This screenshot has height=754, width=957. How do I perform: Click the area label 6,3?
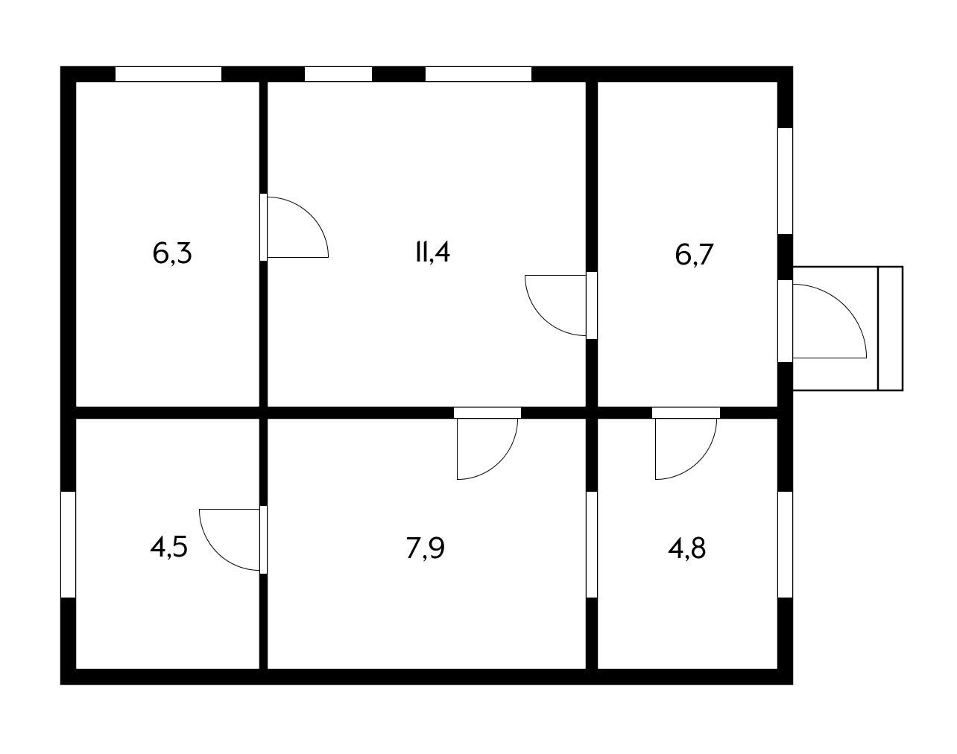(172, 253)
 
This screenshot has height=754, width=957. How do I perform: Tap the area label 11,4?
(432, 252)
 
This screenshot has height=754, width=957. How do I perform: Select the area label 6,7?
(694, 255)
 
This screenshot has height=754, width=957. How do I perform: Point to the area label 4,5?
(168, 548)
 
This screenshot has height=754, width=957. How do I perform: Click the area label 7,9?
(425, 548)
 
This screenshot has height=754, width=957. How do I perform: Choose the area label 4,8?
(686, 548)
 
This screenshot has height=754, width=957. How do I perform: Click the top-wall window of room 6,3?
(168, 74)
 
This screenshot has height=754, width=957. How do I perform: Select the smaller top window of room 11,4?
(338, 74)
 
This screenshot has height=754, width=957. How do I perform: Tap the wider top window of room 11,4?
(478, 74)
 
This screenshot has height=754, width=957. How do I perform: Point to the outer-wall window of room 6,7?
(785, 181)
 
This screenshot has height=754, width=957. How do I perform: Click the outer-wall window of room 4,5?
(68, 544)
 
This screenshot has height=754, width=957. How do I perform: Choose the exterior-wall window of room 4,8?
(785, 544)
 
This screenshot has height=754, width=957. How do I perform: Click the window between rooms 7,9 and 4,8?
(592, 544)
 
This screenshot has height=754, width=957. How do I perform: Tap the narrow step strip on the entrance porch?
(891, 328)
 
